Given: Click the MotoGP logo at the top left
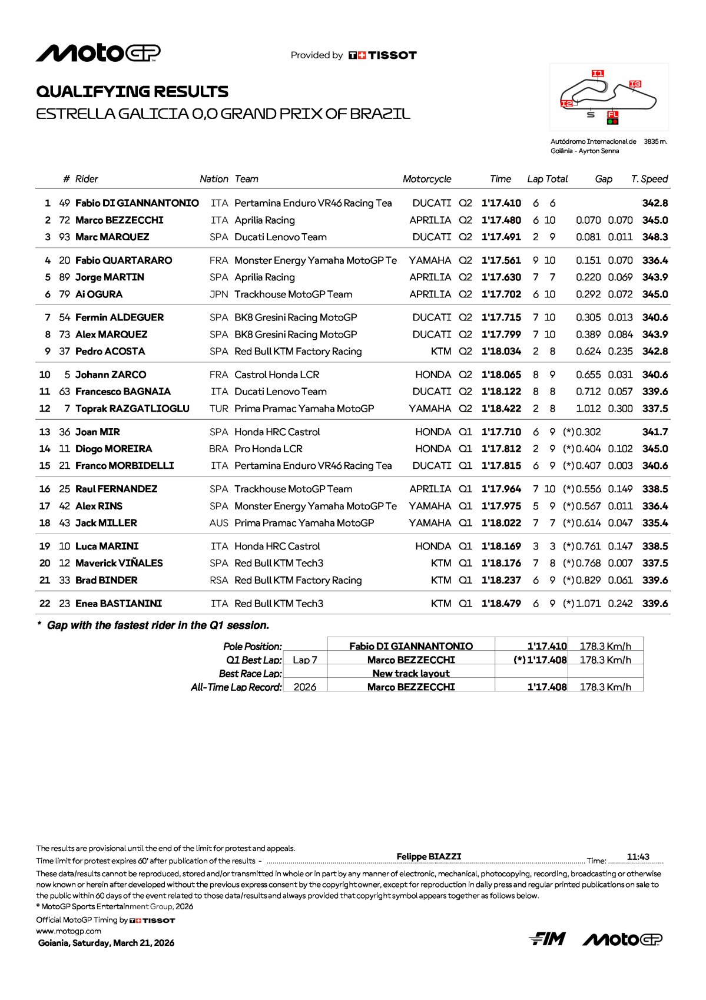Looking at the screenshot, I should tap(98, 53).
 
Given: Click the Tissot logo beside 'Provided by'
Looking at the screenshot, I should tap(383, 55).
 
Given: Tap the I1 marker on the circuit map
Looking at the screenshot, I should tap(597, 74).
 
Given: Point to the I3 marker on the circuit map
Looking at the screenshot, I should tap(635, 84).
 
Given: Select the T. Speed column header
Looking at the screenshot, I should tap(649, 179).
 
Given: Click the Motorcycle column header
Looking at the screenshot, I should tap(427, 179).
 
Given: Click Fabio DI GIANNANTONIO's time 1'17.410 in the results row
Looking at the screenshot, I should tap(501, 203).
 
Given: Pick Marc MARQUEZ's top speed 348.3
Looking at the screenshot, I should tap(655, 237).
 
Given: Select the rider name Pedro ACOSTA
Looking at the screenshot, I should tap(110, 352).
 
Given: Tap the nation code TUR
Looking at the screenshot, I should tap(218, 409).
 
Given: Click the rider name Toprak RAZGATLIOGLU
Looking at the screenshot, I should tap(132, 409).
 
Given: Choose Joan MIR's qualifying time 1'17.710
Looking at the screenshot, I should tap(501, 432).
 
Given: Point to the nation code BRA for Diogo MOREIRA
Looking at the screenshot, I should tap(218, 449).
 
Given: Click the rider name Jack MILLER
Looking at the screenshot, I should tap(106, 523).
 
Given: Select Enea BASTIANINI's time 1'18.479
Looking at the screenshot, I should tap(501, 604).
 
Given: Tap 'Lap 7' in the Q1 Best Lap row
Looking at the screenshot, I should tap(304, 660).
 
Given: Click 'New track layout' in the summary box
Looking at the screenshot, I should tap(411, 674).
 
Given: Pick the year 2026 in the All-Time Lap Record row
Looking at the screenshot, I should tap(304, 687).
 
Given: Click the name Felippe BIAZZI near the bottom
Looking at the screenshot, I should tap(429, 856).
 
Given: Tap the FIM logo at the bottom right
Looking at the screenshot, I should tap(547, 939).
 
